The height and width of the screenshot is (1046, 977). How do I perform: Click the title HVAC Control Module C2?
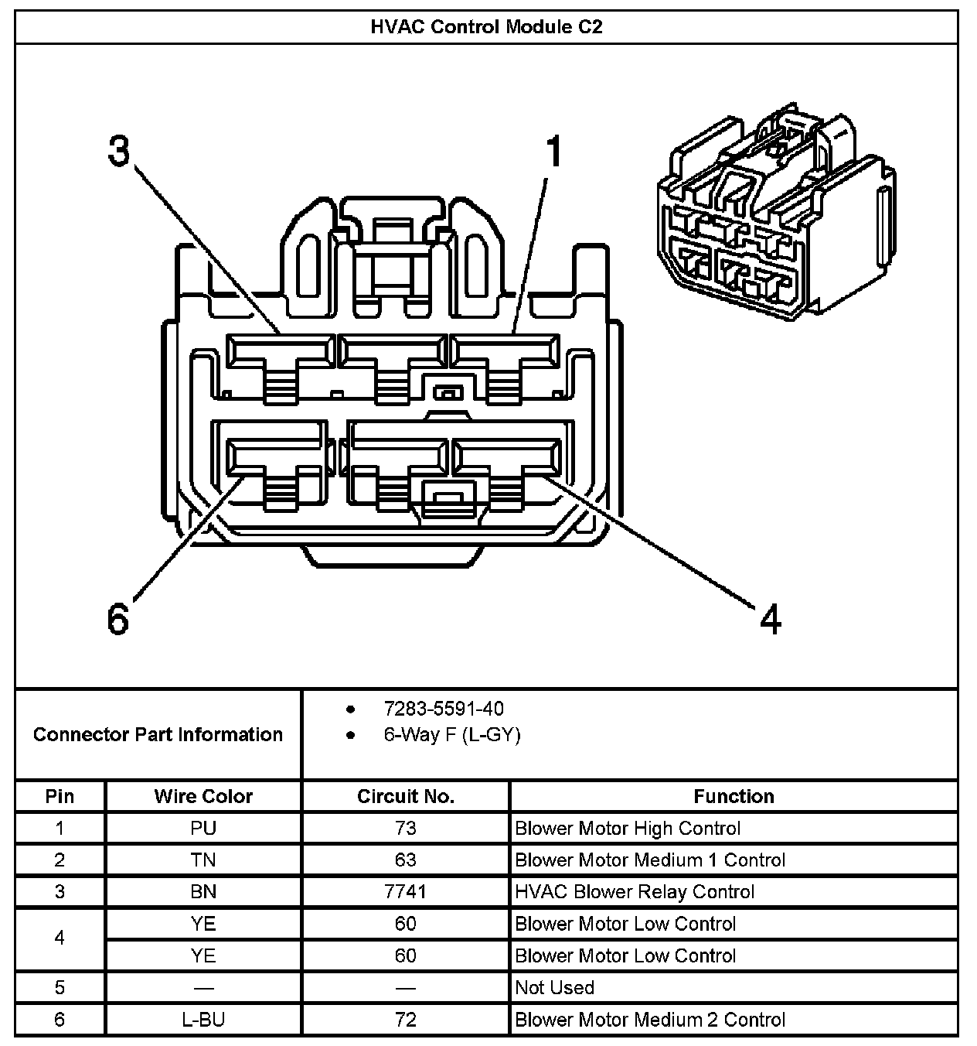(486, 27)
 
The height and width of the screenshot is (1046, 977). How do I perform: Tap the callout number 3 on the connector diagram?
(118, 152)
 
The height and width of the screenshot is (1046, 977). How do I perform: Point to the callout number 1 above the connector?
(553, 152)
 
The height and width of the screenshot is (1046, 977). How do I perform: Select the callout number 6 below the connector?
(117, 619)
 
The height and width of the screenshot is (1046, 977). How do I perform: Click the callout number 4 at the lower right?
(770, 619)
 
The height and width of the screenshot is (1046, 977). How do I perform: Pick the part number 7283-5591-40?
(444, 709)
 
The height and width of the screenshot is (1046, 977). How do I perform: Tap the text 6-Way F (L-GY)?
(452, 734)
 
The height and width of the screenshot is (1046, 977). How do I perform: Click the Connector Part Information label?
(158, 734)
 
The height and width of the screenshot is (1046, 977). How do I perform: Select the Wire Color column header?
(203, 796)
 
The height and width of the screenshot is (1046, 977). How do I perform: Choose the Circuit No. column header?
(405, 796)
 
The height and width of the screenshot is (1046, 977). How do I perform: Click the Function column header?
(734, 796)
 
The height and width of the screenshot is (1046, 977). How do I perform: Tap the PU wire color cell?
(203, 829)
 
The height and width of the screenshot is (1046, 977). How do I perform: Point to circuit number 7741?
(405, 892)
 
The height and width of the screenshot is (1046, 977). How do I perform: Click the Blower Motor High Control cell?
(628, 829)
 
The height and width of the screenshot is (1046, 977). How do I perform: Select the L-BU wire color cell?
(203, 1020)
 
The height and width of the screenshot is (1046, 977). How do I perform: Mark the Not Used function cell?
(554, 988)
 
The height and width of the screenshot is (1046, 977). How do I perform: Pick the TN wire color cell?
(203, 860)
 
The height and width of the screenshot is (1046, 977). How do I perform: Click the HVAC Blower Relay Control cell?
(635, 892)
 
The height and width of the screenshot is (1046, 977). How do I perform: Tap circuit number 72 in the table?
(405, 1020)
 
